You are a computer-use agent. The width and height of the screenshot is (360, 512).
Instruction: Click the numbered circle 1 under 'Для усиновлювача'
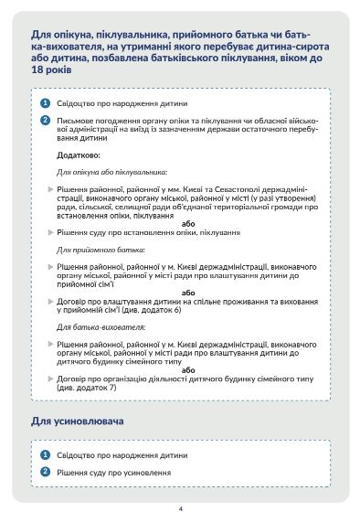[x=45, y=454]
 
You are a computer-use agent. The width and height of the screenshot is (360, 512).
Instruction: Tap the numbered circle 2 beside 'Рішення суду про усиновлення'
[x=45, y=471]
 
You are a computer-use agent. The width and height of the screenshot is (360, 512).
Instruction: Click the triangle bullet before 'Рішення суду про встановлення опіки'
[x=51, y=233]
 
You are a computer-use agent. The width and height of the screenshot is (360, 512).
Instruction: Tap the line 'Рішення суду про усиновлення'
[x=114, y=472]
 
